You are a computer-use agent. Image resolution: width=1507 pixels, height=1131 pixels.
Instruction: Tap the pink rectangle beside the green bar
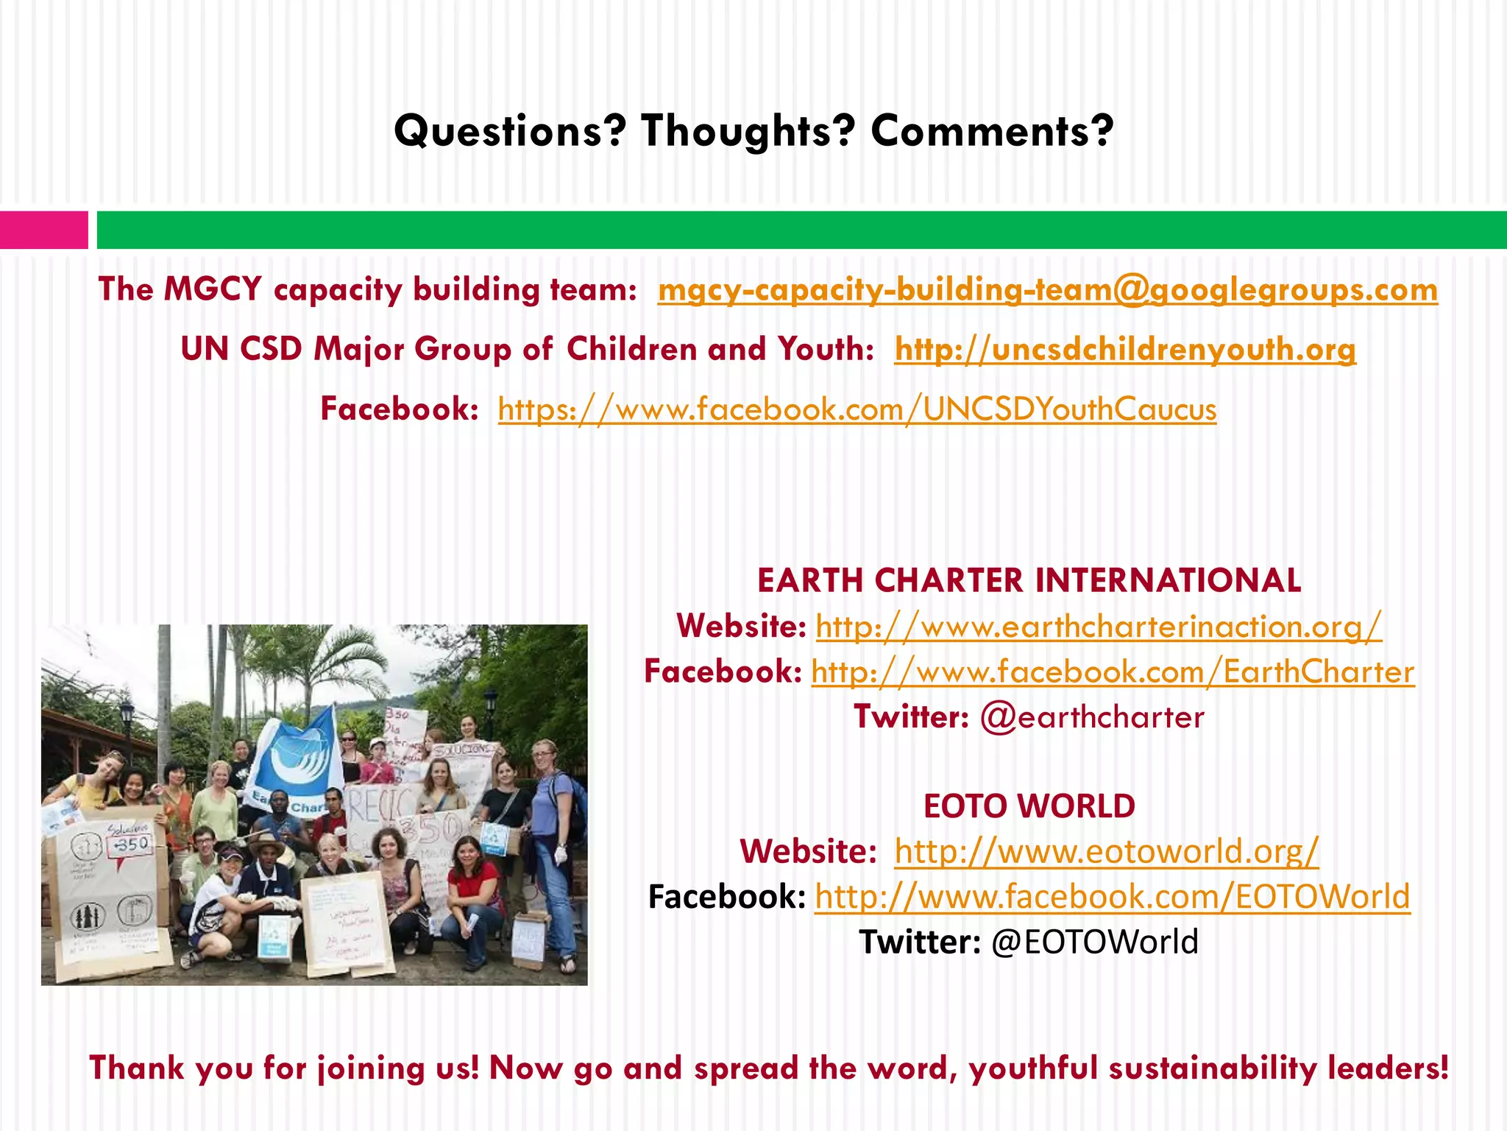pyautogui.click(x=43, y=230)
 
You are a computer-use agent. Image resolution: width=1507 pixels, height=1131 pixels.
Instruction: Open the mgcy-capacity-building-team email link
pyautogui.click(x=1047, y=289)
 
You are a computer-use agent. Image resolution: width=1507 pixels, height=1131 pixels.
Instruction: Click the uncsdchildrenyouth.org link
pyautogui.click(x=1125, y=349)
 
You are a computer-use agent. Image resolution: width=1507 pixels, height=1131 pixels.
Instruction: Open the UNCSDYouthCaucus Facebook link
pyautogui.click(x=857, y=409)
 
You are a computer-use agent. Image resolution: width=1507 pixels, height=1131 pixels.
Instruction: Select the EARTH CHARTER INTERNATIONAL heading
pyautogui.click(x=1029, y=580)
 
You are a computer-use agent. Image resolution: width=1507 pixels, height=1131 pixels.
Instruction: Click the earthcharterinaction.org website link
pyautogui.click(x=1099, y=627)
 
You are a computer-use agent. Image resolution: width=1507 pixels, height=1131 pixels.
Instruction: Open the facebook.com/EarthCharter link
pyautogui.click(x=1113, y=672)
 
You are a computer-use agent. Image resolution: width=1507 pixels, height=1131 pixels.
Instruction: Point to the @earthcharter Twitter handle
pyautogui.click(x=1092, y=717)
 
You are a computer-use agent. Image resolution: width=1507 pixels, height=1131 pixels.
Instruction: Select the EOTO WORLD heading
pyautogui.click(x=1029, y=806)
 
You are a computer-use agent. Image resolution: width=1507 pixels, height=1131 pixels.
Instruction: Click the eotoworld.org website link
pyautogui.click(x=1107, y=852)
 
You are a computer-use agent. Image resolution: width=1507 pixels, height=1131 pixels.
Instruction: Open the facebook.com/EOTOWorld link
pyautogui.click(x=1113, y=897)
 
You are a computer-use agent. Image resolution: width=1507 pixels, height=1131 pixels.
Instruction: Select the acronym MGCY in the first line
pyautogui.click(x=213, y=289)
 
